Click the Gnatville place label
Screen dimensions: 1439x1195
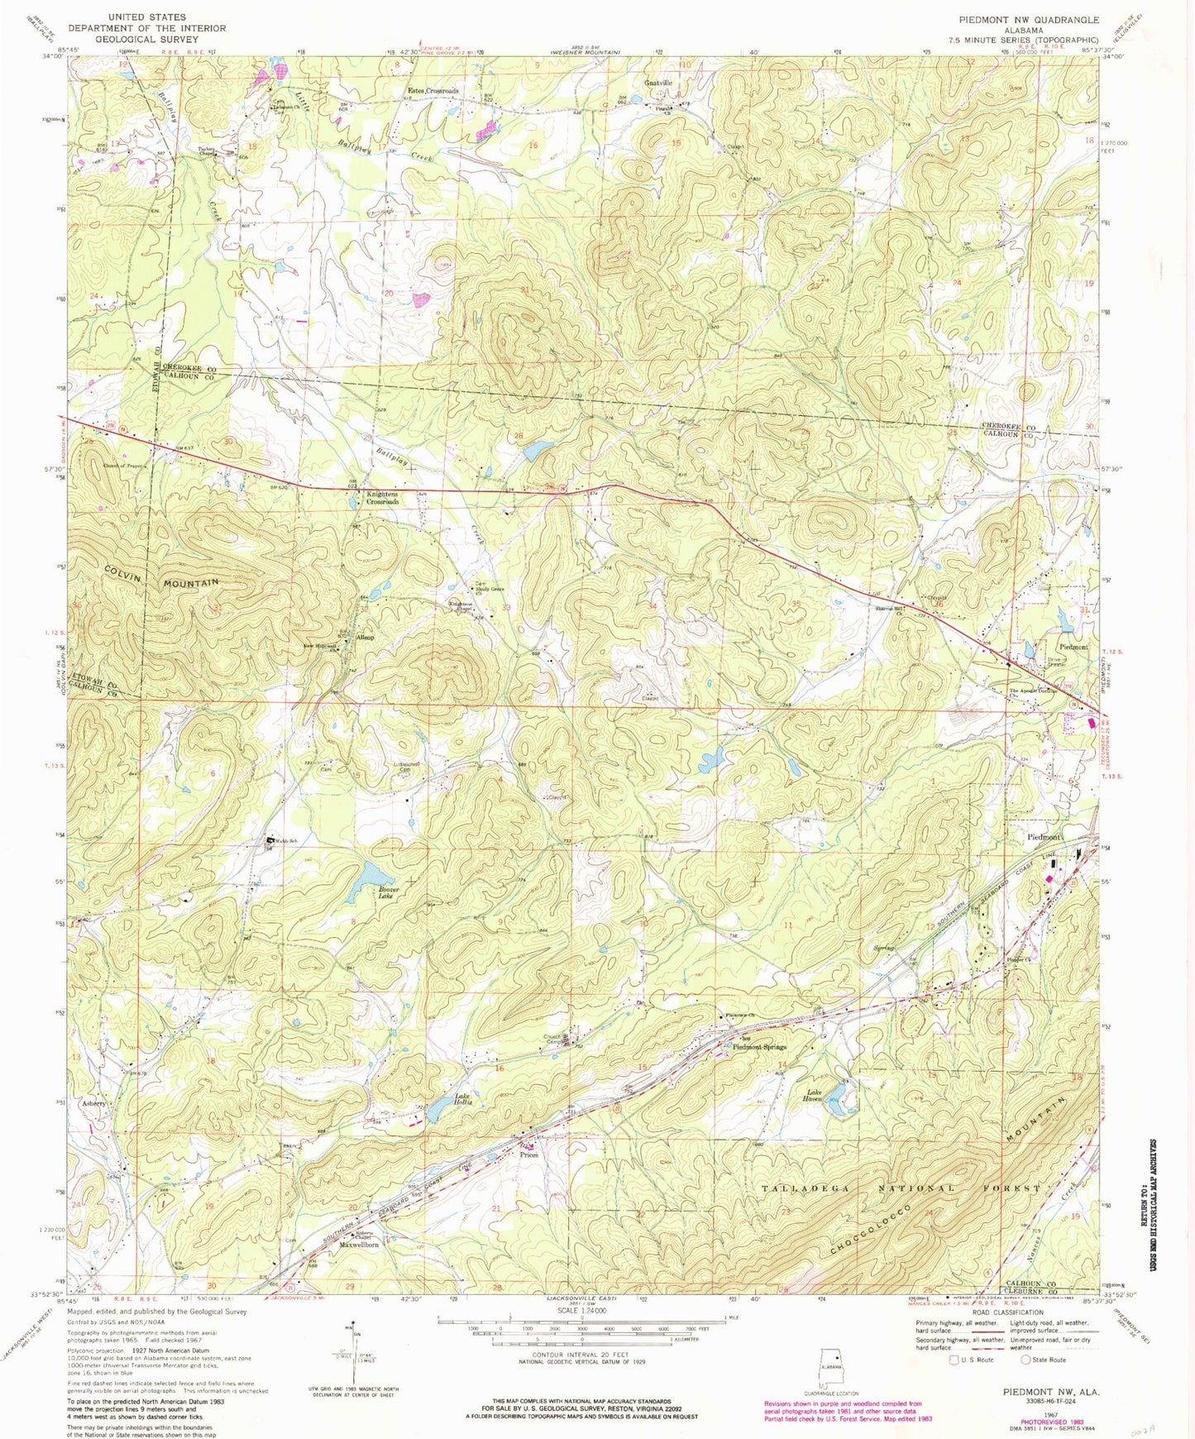(x=658, y=84)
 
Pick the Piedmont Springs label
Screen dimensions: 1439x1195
(x=760, y=1047)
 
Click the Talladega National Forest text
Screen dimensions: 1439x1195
(x=900, y=1188)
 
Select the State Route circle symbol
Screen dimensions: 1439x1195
(x=1026, y=1359)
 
